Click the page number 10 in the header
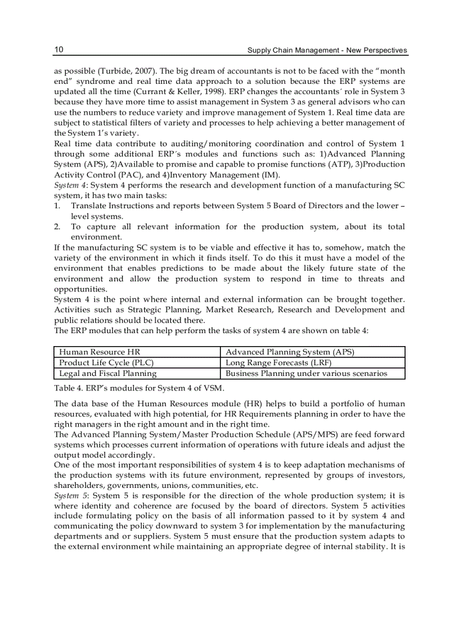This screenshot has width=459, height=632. pyautogui.click(x=58, y=50)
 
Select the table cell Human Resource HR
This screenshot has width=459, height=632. pyautogui.click(x=100, y=352)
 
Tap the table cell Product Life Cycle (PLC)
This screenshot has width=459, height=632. pyautogui.click(x=106, y=362)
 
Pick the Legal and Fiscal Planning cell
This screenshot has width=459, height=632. pyautogui.click(x=108, y=373)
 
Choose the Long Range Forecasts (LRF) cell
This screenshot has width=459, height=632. pyautogui.click(x=278, y=362)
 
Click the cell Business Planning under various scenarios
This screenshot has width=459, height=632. pyautogui.click(x=306, y=373)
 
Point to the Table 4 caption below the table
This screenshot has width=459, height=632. pyautogui.click(x=139, y=388)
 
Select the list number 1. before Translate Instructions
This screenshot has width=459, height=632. pyautogui.click(x=57, y=206)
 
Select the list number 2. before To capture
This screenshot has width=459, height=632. pyautogui.click(x=57, y=227)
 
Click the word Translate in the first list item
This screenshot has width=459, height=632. pyautogui.click(x=89, y=206)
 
